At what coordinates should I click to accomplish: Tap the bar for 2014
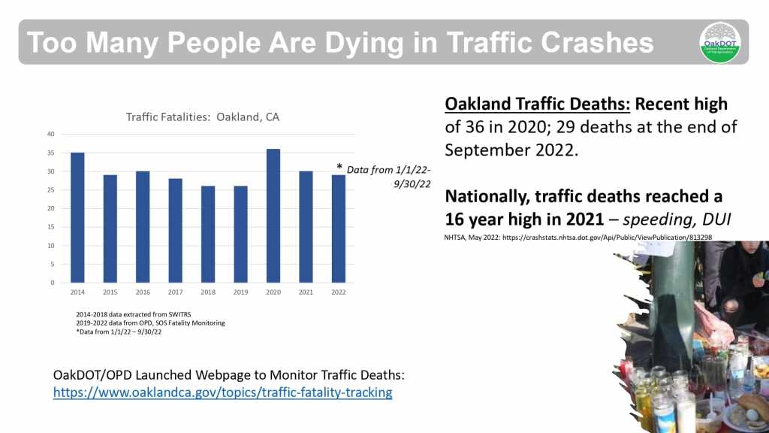tap(77, 218)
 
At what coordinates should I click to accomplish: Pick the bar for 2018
tap(208, 235)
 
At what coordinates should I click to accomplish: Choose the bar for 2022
tap(339, 229)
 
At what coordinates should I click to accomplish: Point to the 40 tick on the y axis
tap(51, 135)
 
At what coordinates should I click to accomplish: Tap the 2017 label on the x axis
tap(175, 292)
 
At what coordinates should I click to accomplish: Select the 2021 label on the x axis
tap(306, 292)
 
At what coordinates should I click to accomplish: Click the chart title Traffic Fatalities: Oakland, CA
tap(203, 117)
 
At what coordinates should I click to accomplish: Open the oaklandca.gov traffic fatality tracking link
tap(222, 392)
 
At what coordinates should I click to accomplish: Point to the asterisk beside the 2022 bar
tap(339, 168)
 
